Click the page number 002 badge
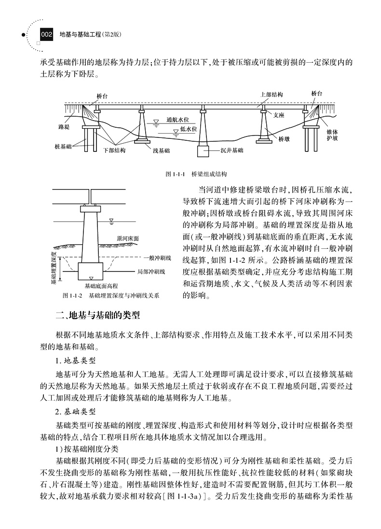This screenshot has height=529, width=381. (x=46, y=35)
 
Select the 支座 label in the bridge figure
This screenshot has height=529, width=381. (x=279, y=116)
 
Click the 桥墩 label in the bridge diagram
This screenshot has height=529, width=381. (x=284, y=138)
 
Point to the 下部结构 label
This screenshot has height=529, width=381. (x=114, y=150)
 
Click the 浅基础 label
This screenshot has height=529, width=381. (x=161, y=150)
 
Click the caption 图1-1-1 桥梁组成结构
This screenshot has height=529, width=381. (x=196, y=173)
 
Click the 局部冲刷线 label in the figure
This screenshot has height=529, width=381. (x=151, y=271)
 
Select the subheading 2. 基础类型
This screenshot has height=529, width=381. (x=75, y=412)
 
